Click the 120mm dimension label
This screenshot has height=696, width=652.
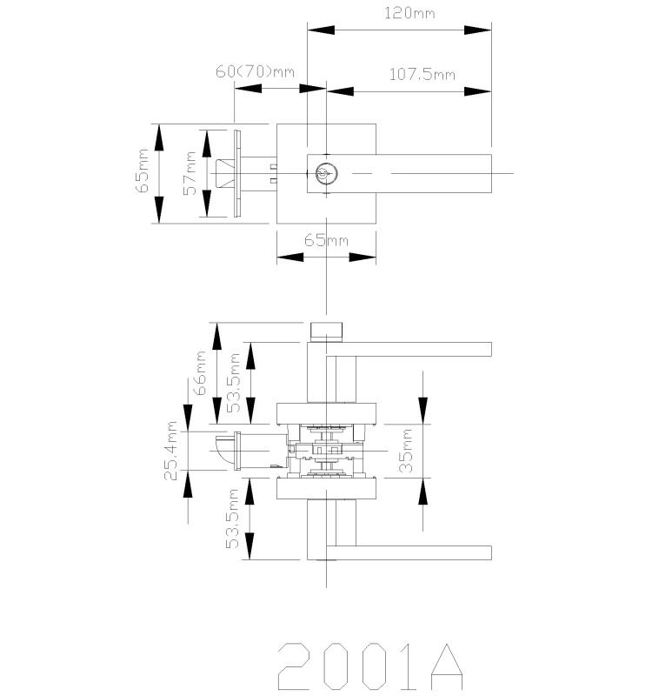click(x=409, y=13)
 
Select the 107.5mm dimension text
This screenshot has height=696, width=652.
click(x=422, y=74)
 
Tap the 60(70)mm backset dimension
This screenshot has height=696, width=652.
click(x=255, y=71)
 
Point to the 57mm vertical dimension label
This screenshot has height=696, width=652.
click(x=190, y=172)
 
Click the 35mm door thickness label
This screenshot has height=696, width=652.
click(x=406, y=450)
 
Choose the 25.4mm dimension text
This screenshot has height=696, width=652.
click(x=170, y=451)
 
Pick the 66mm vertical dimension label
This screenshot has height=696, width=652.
click(x=200, y=373)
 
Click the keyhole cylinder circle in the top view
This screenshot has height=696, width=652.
click(x=327, y=173)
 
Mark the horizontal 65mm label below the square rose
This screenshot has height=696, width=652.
click(x=326, y=241)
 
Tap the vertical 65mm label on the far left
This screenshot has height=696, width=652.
click(x=142, y=171)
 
